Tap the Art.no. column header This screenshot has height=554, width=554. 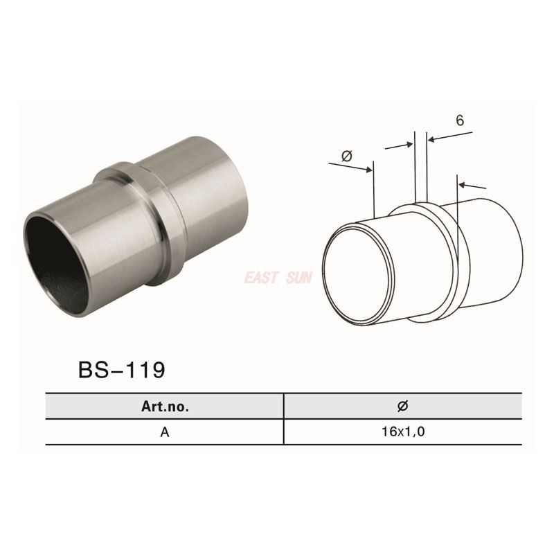[165, 406]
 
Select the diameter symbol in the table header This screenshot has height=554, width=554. [402, 406]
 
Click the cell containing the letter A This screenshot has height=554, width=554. [165, 432]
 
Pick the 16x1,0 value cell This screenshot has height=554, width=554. [402, 432]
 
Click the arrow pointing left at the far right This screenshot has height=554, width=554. [473, 186]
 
